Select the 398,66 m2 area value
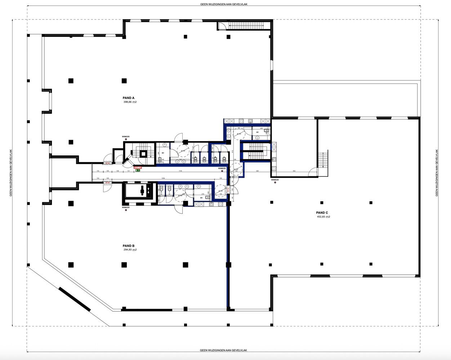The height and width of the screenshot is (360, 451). (x=130, y=102)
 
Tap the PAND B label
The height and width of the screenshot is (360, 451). (x=129, y=246)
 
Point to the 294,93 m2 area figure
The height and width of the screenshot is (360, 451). (x=130, y=250)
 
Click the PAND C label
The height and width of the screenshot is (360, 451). (x=322, y=213)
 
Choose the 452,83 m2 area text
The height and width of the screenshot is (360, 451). (x=323, y=217)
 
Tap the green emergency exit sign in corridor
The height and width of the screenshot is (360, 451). (x=138, y=170)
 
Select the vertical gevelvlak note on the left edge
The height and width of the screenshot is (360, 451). (x=11, y=173)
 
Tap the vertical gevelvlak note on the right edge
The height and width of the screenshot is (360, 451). (x=437, y=173)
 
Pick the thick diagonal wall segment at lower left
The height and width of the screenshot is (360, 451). (x=75, y=298)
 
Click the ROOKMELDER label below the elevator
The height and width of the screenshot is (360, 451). (x=126, y=208)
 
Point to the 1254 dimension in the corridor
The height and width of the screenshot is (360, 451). (x=163, y=178)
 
